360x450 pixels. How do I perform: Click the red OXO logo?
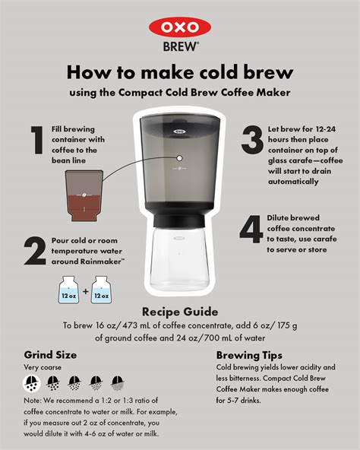179,27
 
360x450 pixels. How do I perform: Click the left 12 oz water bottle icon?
67,292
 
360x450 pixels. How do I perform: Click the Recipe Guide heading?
179,312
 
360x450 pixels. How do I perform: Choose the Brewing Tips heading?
250,355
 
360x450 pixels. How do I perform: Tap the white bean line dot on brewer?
180,158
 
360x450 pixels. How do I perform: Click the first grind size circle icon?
32,382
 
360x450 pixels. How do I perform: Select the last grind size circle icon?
118,382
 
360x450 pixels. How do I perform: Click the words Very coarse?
41,367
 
